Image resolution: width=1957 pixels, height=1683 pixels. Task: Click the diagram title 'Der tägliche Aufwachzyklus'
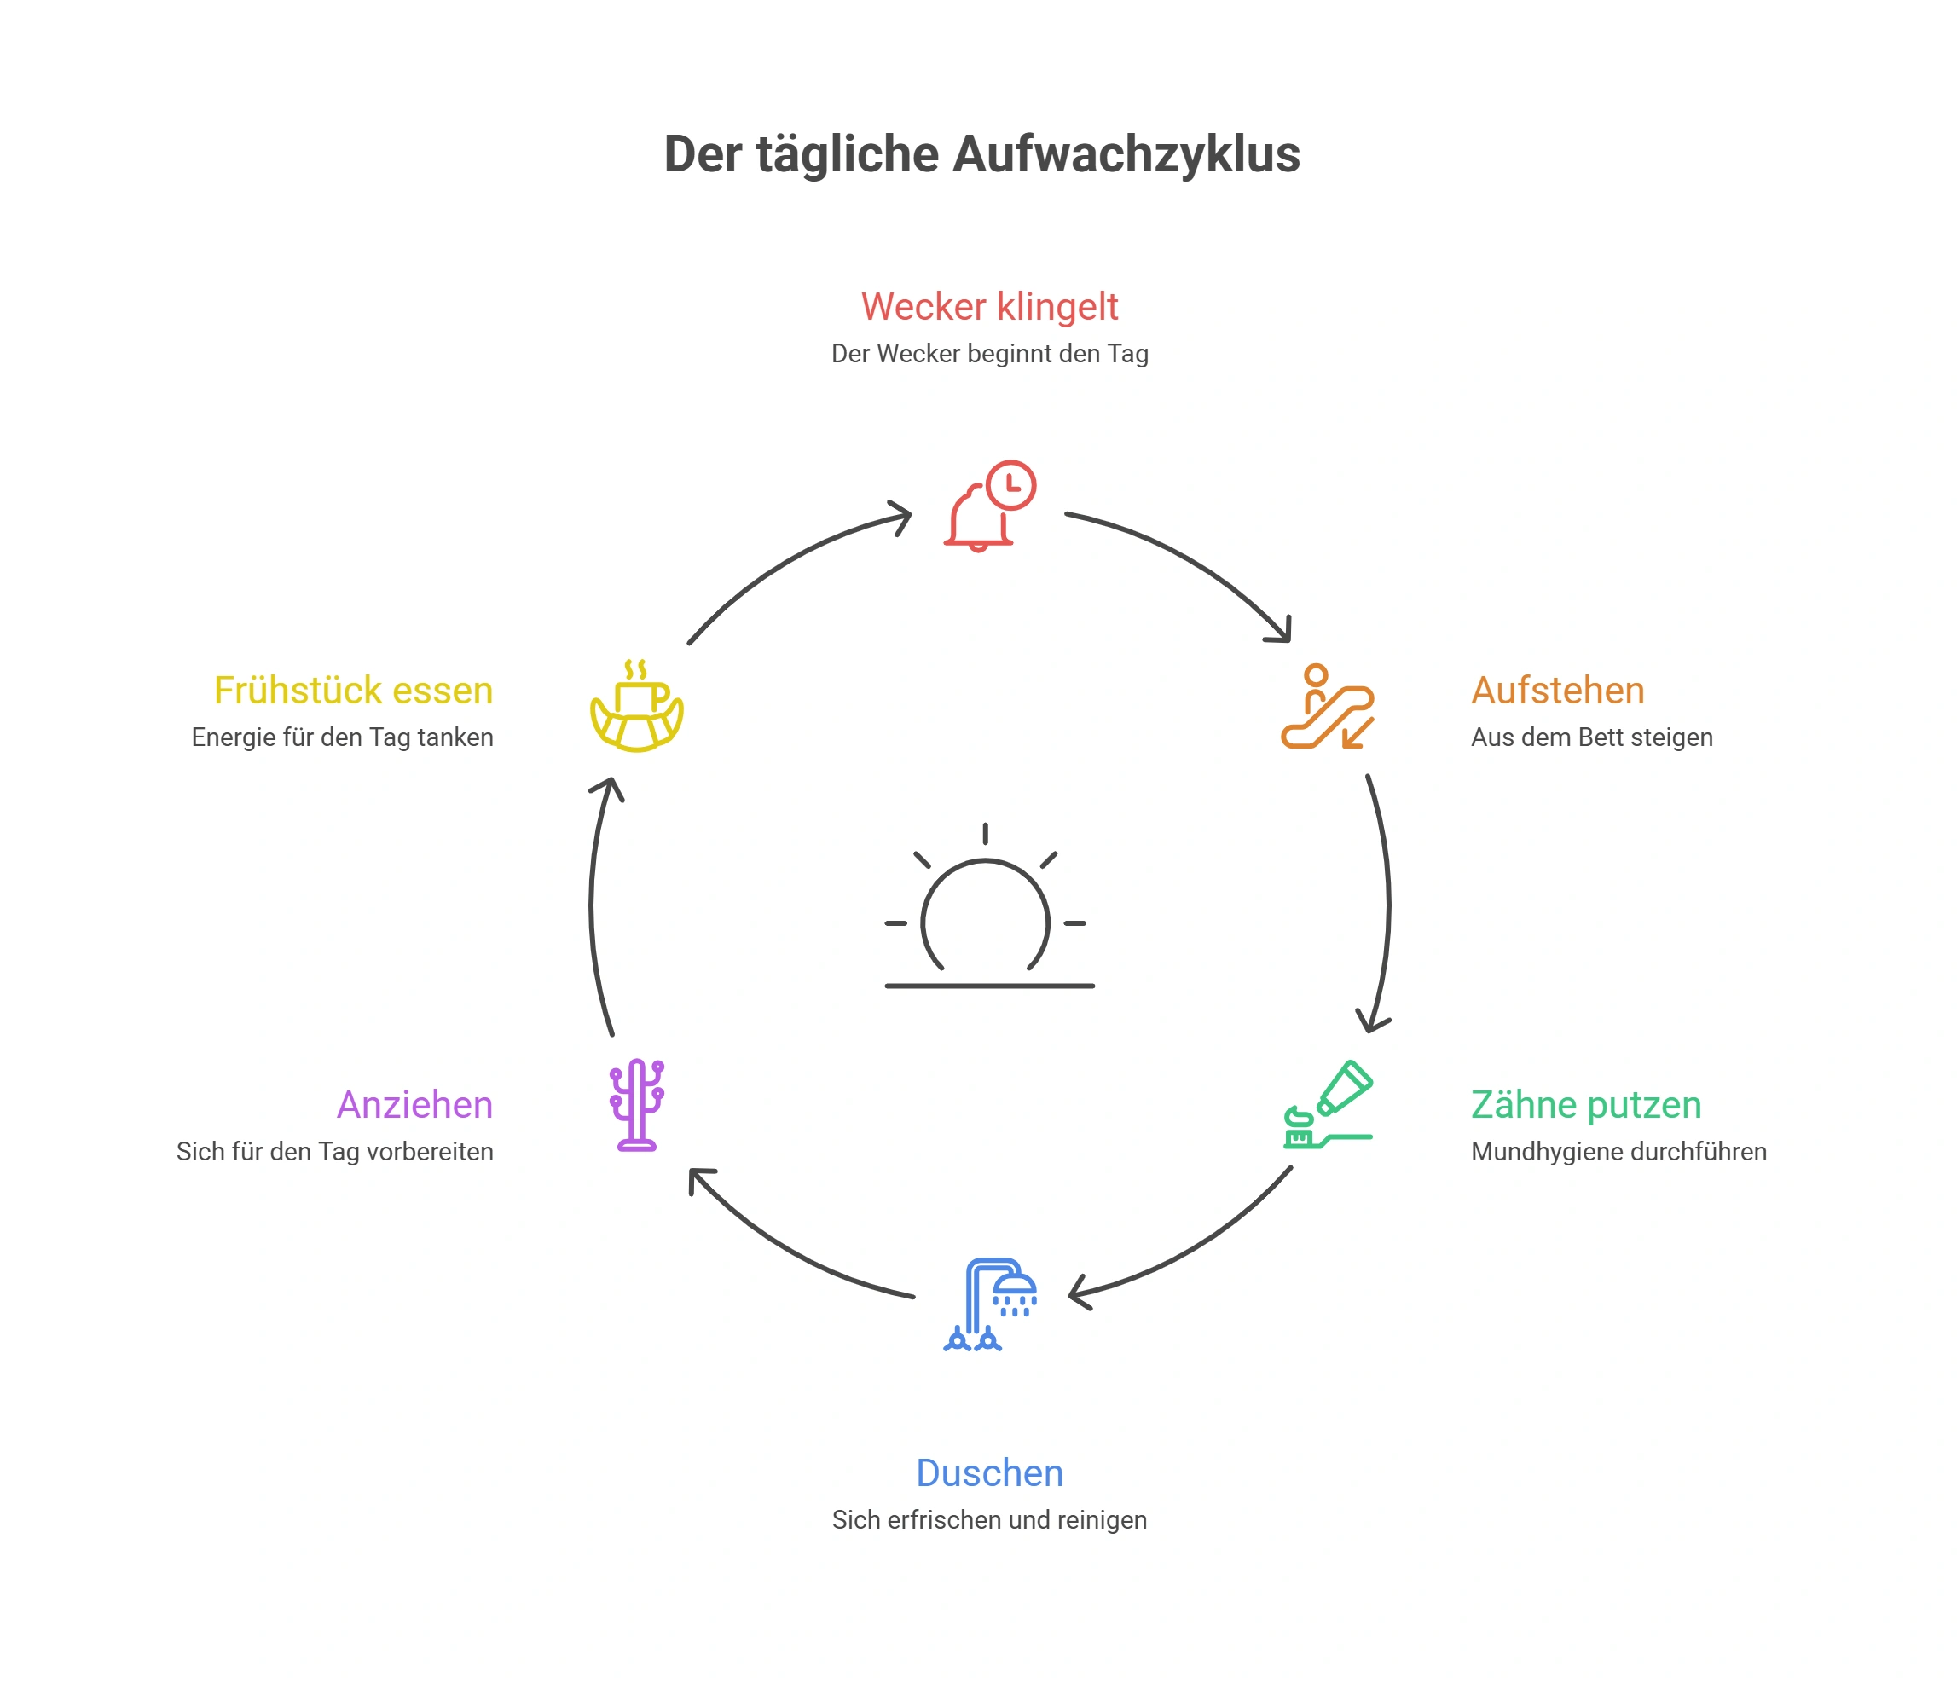pyautogui.click(x=981, y=154)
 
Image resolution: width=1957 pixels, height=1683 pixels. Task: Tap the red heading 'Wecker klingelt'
pyautogui.click(x=989, y=307)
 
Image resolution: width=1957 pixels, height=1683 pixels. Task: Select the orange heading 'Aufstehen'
pyautogui.click(x=1557, y=691)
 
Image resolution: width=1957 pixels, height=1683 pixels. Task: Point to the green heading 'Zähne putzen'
pyautogui.click(x=1586, y=1105)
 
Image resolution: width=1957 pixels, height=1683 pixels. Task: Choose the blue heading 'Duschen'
pyautogui.click(x=989, y=1473)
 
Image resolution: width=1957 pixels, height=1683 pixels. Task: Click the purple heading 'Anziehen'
pyautogui.click(x=414, y=1105)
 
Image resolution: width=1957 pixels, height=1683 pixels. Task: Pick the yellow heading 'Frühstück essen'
pyautogui.click(x=353, y=691)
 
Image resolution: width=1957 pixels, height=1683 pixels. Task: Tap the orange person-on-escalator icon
pyautogui.click(x=1327, y=707)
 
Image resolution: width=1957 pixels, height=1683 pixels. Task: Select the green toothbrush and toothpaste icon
pyautogui.click(x=1327, y=1104)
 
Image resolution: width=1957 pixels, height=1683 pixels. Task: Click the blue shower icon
pyautogui.click(x=989, y=1304)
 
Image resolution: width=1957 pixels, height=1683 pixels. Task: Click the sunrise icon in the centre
pyautogui.click(x=989, y=906)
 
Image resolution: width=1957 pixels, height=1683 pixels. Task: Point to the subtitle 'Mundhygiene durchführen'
pyautogui.click(x=1618, y=1152)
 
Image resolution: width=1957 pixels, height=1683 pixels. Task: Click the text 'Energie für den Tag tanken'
pyautogui.click(x=342, y=737)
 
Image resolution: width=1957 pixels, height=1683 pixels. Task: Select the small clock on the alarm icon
pyautogui.click(x=1011, y=485)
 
